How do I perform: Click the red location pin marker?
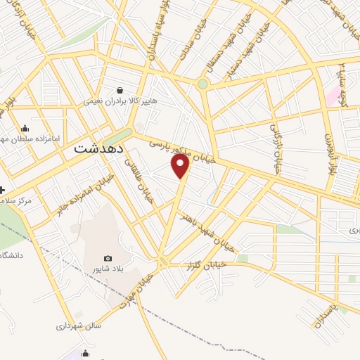181,166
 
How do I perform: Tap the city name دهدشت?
98,150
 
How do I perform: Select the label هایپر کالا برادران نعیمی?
115,101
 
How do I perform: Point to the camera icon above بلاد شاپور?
108,259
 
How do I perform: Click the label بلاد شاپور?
108,269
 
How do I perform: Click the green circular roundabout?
202,84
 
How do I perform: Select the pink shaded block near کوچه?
331,96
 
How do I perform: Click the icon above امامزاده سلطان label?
25,128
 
